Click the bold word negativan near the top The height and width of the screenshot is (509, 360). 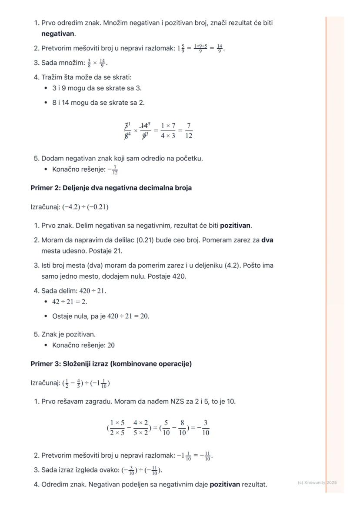(x=58, y=33)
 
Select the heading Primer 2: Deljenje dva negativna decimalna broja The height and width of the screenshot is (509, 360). (x=111, y=188)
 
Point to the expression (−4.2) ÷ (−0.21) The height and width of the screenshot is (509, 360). (x=85, y=207)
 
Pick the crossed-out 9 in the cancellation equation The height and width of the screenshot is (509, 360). (x=145, y=136)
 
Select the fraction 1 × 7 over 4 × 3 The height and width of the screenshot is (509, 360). (x=168, y=131)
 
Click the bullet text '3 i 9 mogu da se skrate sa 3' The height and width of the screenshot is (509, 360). (x=97, y=88)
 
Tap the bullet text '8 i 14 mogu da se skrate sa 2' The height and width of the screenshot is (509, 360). (x=98, y=103)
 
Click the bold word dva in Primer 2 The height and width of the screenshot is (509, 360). (x=267, y=240)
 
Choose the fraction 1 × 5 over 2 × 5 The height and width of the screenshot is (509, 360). (x=117, y=427)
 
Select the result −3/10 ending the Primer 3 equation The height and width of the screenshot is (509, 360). (x=203, y=427)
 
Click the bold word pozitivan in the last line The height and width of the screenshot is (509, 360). (x=225, y=484)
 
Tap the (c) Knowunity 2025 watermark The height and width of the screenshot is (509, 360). (x=317, y=482)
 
